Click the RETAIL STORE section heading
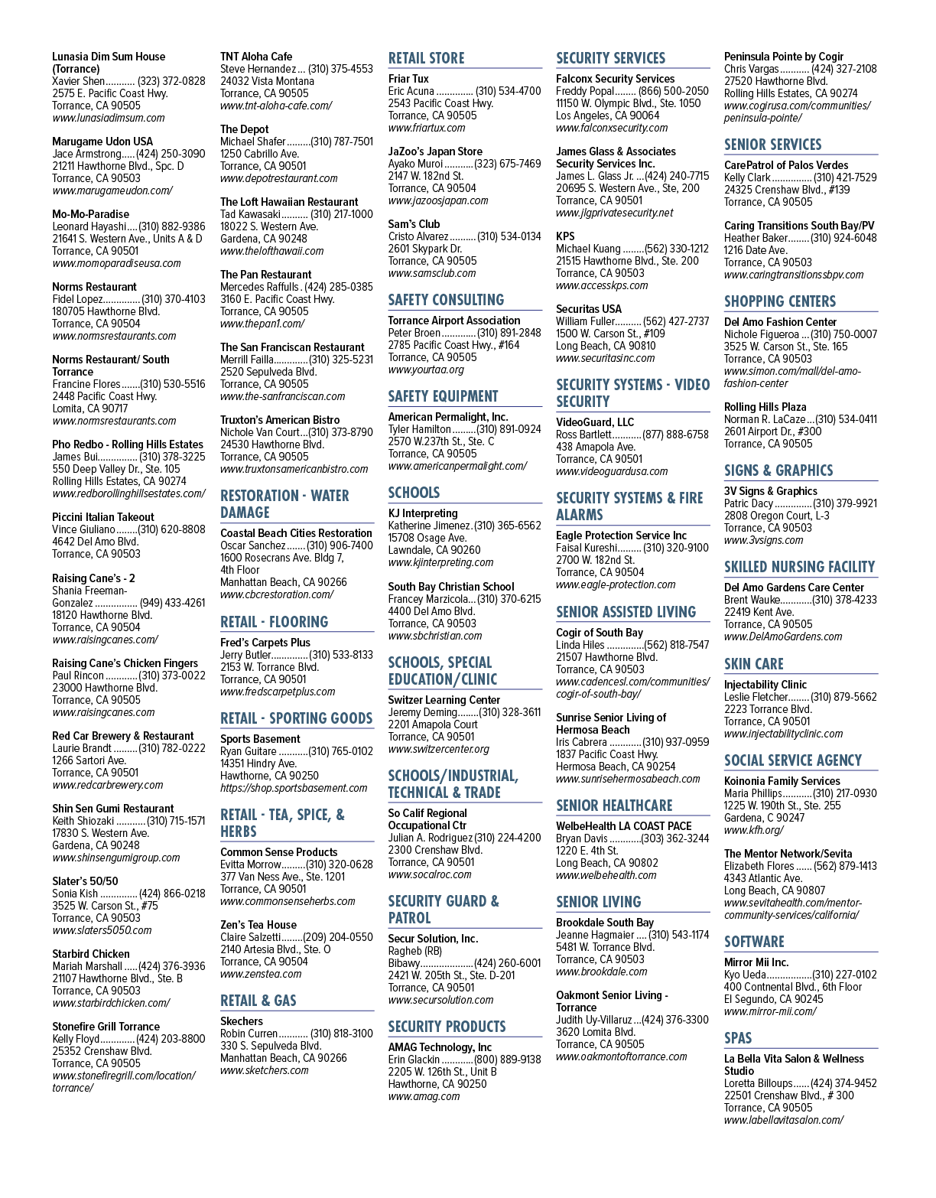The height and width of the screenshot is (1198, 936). click(x=426, y=58)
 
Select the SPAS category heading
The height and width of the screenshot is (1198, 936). click(x=738, y=1038)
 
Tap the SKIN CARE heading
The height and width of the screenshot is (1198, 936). click(x=754, y=664)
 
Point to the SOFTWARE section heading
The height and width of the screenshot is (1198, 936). click(x=754, y=942)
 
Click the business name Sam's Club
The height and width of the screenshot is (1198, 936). click(x=414, y=224)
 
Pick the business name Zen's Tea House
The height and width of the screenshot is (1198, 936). click(x=258, y=925)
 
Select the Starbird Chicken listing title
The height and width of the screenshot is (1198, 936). click(x=91, y=954)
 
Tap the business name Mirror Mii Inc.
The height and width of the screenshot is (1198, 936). click(x=756, y=962)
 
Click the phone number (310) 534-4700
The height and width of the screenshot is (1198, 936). click(x=508, y=91)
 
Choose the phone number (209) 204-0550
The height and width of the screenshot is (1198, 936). click(x=340, y=936)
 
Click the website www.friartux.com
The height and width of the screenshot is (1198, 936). click(x=427, y=128)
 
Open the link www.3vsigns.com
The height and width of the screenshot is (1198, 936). click(x=764, y=540)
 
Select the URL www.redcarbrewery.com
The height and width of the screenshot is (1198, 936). click(x=107, y=785)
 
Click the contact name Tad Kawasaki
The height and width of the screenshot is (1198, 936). click(x=250, y=214)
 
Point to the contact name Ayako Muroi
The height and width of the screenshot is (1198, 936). click(x=415, y=164)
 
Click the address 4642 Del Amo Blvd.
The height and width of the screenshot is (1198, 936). click(x=95, y=542)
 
